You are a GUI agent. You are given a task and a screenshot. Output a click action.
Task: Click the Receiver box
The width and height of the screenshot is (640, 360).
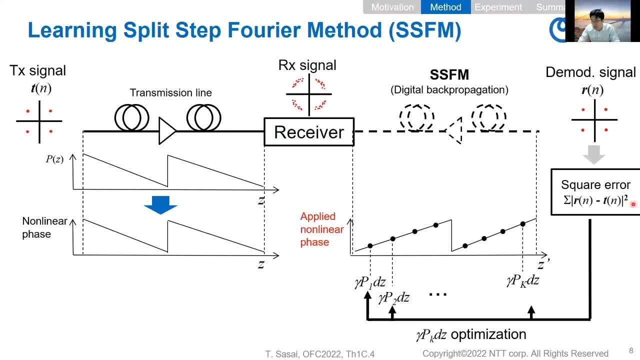coord(309,132)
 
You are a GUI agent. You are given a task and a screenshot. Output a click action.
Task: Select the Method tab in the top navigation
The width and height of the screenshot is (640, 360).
coord(445,7)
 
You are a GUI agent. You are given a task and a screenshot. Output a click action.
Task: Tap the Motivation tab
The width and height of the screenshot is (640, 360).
coord(392,7)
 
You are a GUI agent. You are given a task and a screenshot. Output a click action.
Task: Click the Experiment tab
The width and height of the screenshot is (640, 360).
coord(498,7)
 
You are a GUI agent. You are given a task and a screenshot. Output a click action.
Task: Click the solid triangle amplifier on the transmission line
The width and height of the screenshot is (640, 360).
coord(167,131)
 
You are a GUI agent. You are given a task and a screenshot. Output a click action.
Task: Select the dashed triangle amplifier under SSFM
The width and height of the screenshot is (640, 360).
coord(453,131)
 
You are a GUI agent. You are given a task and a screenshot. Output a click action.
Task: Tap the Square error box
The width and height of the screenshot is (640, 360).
coord(595,192)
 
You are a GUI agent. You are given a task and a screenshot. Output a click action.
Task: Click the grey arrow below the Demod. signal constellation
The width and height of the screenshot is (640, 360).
coord(594,154)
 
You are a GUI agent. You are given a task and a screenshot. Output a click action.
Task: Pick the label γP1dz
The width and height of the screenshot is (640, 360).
coord(370,282)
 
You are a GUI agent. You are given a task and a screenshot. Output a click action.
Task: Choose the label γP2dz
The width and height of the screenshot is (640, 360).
coord(393,298)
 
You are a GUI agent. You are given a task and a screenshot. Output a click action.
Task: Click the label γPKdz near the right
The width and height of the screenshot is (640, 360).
coord(522,280)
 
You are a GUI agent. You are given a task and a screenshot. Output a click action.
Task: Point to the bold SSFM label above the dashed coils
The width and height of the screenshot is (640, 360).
coord(449,75)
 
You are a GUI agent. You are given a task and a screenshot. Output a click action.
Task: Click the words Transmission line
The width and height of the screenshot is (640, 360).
coord(170,93)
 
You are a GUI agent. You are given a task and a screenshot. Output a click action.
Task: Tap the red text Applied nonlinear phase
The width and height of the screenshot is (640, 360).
coord(321,229)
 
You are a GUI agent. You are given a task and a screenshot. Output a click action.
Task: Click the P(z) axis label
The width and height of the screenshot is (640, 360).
coord(54,159)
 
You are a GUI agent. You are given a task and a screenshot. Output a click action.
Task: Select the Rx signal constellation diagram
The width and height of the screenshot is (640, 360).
coord(309,94)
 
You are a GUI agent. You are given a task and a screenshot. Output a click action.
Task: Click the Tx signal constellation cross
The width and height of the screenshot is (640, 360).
coord(39,121)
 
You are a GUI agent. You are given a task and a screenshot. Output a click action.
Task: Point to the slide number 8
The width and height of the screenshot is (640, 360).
coord(631,351)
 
